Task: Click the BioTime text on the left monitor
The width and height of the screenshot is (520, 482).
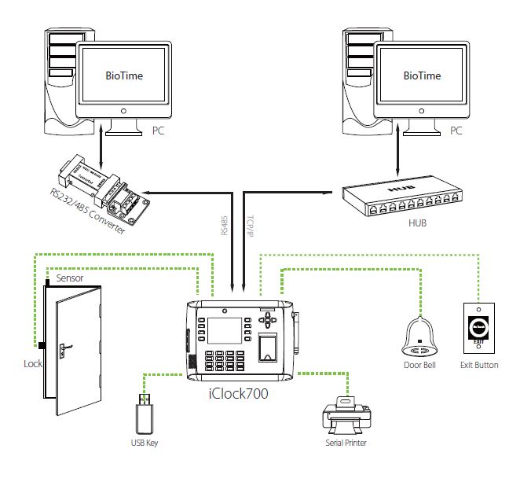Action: [124, 76]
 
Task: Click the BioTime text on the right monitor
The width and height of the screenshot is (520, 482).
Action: [422, 76]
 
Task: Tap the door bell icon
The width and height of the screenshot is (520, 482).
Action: [423, 337]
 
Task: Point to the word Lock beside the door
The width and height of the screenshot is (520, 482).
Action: [33, 364]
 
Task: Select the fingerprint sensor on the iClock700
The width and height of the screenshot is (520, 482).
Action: [268, 345]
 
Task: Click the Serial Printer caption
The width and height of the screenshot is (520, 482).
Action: [346, 443]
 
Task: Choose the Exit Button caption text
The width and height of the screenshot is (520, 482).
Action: [478, 365]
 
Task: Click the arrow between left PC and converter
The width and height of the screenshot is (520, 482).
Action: [101, 142]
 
